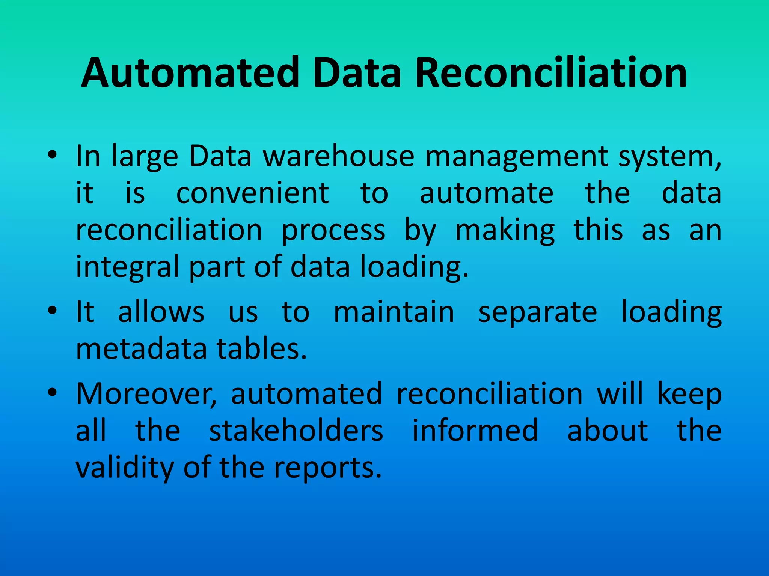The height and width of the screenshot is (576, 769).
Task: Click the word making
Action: point(505,231)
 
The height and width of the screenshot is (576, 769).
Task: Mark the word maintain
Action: point(394,312)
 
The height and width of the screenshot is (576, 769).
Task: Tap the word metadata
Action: point(141,349)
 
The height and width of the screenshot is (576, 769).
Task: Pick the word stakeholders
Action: point(296,430)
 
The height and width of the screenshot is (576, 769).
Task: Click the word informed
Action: point(475,430)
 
